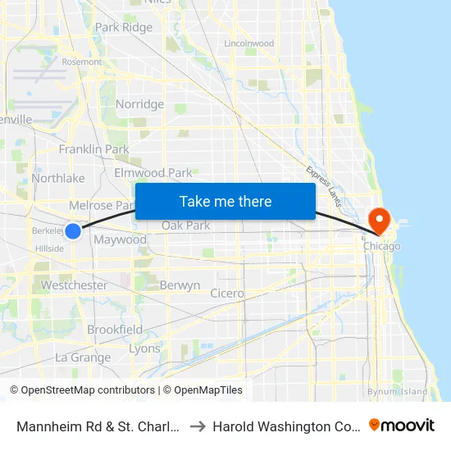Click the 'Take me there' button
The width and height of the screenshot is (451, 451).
click(x=225, y=201)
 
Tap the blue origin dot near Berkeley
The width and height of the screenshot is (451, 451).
click(x=73, y=231)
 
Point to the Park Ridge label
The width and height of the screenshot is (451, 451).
click(x=124, y=27)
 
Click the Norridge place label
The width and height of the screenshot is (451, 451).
click(x=139, y=104)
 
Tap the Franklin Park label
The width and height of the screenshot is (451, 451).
click(x=94, y=149)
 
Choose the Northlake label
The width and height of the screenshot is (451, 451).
click(x=58, y=178)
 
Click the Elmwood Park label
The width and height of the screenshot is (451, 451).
click(x=153, y=173)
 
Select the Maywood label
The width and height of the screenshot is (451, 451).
click(x=121, y=240)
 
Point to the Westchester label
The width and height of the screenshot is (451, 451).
click(x=74, y=285)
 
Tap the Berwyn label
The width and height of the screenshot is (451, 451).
click(x=180, y=285)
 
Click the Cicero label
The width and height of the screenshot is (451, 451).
click(x=227, y=293)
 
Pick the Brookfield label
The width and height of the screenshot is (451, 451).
click(x=115, y=330)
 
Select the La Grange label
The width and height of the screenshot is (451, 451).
click(x=83, y=358)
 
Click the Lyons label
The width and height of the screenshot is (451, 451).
click(x=144, y=348)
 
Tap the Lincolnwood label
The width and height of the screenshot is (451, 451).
click(x=248, y=43)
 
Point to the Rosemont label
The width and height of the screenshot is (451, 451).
click(x=81, y=61)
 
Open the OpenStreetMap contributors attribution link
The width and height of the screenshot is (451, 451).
click(x=88, y=390)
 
